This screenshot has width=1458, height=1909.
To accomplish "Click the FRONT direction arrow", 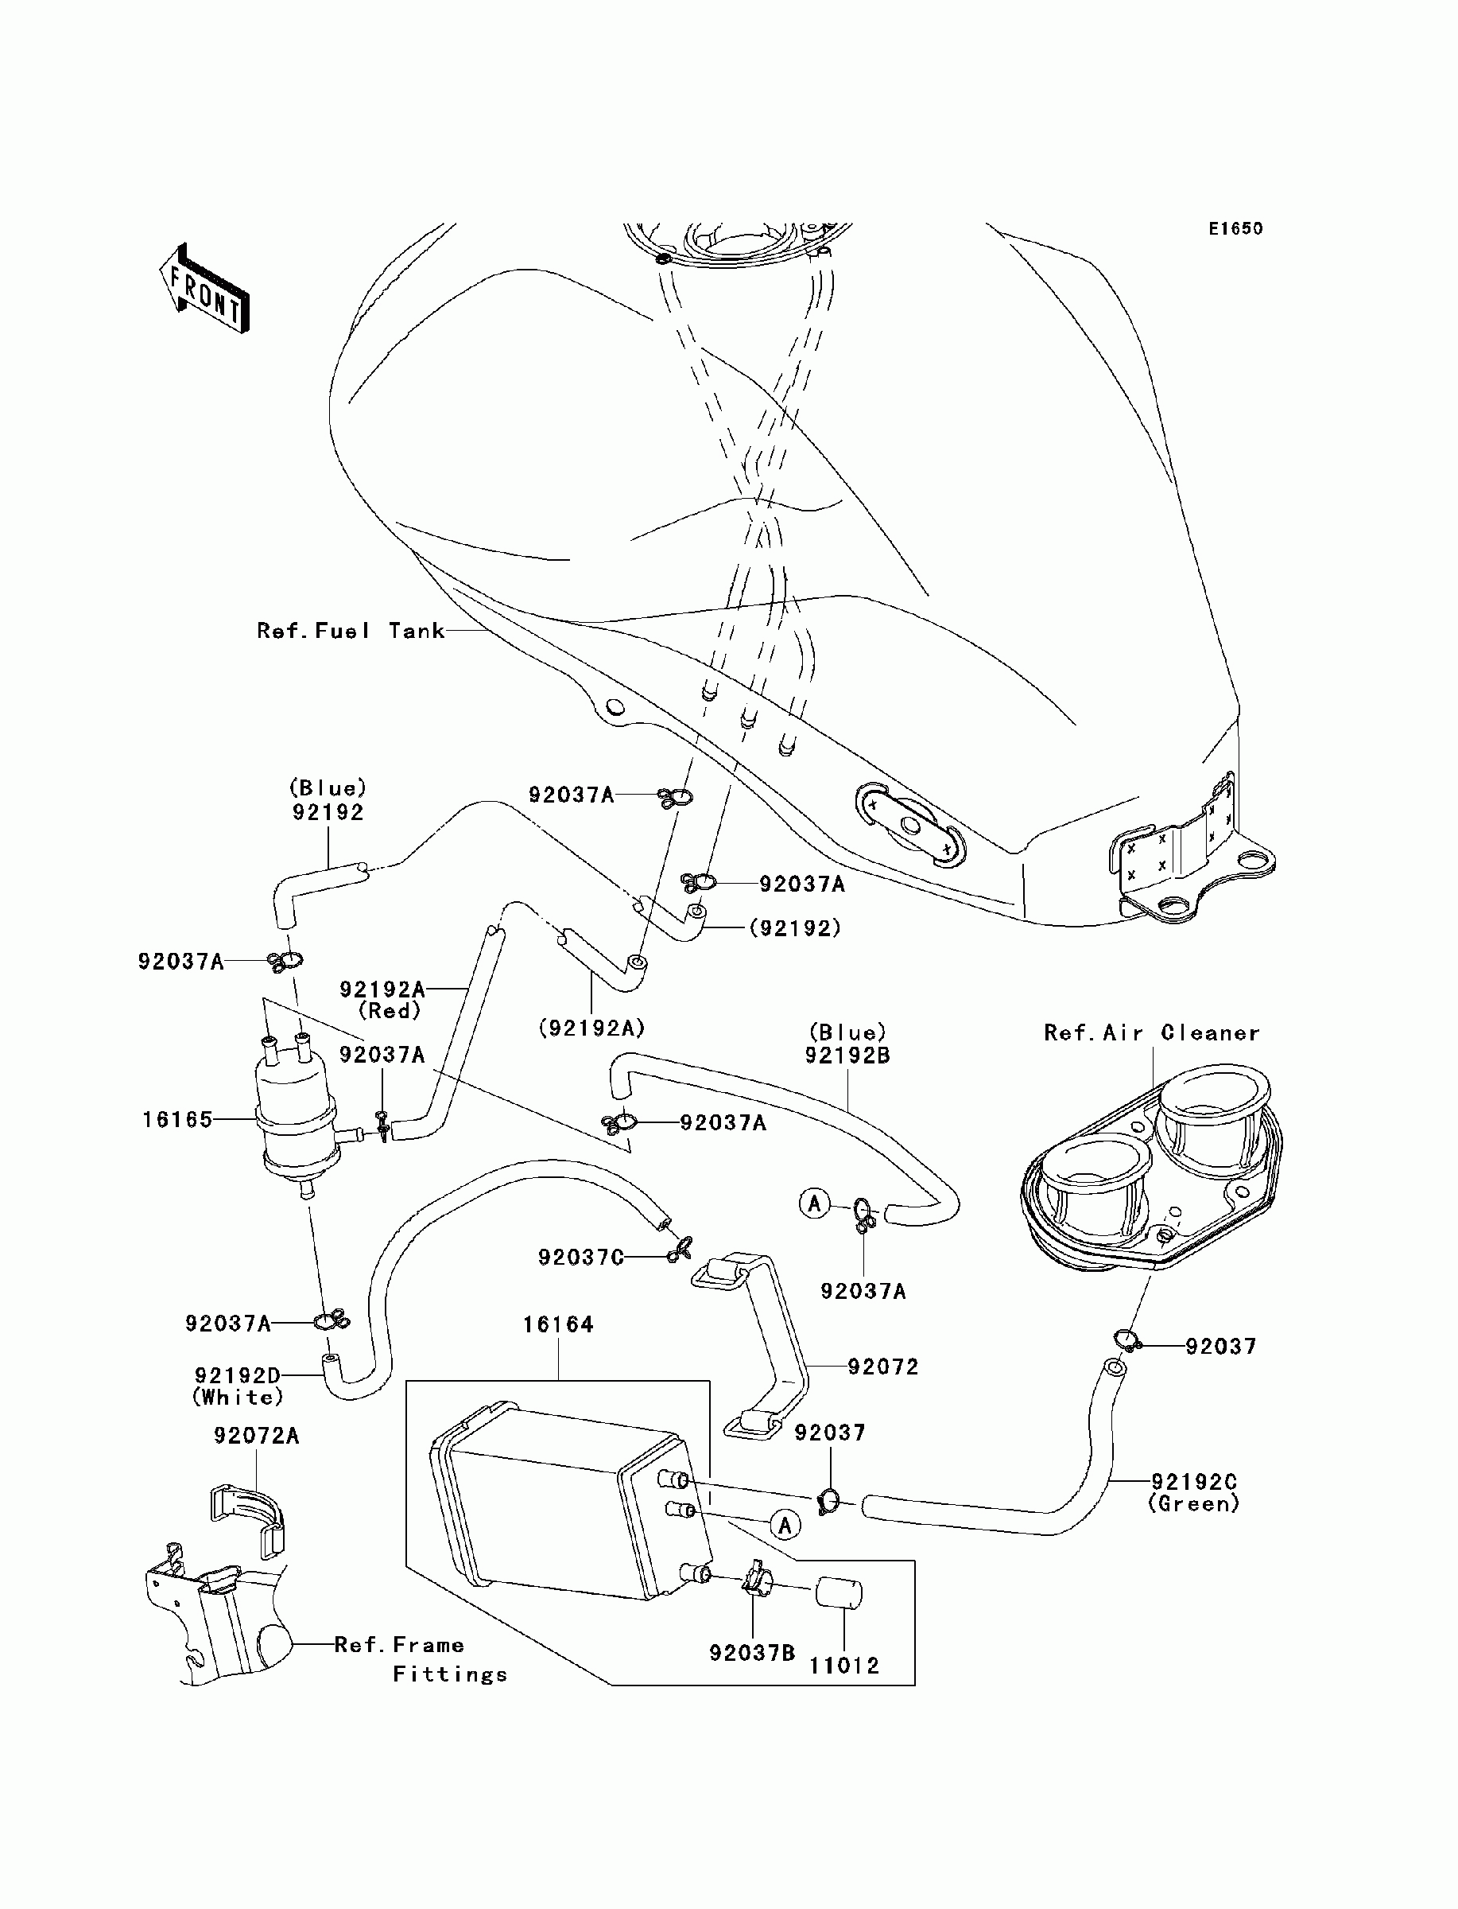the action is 204,288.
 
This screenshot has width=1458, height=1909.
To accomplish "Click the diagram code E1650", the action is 1236,229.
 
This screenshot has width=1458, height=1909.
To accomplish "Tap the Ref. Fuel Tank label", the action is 351,631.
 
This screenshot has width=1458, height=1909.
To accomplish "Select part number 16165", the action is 178,1120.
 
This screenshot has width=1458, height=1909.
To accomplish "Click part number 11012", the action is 844,1666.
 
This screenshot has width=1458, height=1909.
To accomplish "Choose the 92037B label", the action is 752,1653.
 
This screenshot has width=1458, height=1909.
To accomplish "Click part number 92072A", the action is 257,1436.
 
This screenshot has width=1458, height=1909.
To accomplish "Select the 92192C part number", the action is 1195,1482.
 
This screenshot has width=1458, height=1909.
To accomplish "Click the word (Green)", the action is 1194,1504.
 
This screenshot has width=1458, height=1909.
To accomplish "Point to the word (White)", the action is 238,1398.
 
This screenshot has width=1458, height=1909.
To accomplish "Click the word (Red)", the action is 390,1011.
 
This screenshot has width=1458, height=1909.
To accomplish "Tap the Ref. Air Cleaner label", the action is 1152,1033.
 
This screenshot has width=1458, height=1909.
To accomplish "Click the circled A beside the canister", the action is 785,1526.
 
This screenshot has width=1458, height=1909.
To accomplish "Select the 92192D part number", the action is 238,1376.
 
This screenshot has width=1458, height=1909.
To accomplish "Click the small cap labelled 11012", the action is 839,1594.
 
